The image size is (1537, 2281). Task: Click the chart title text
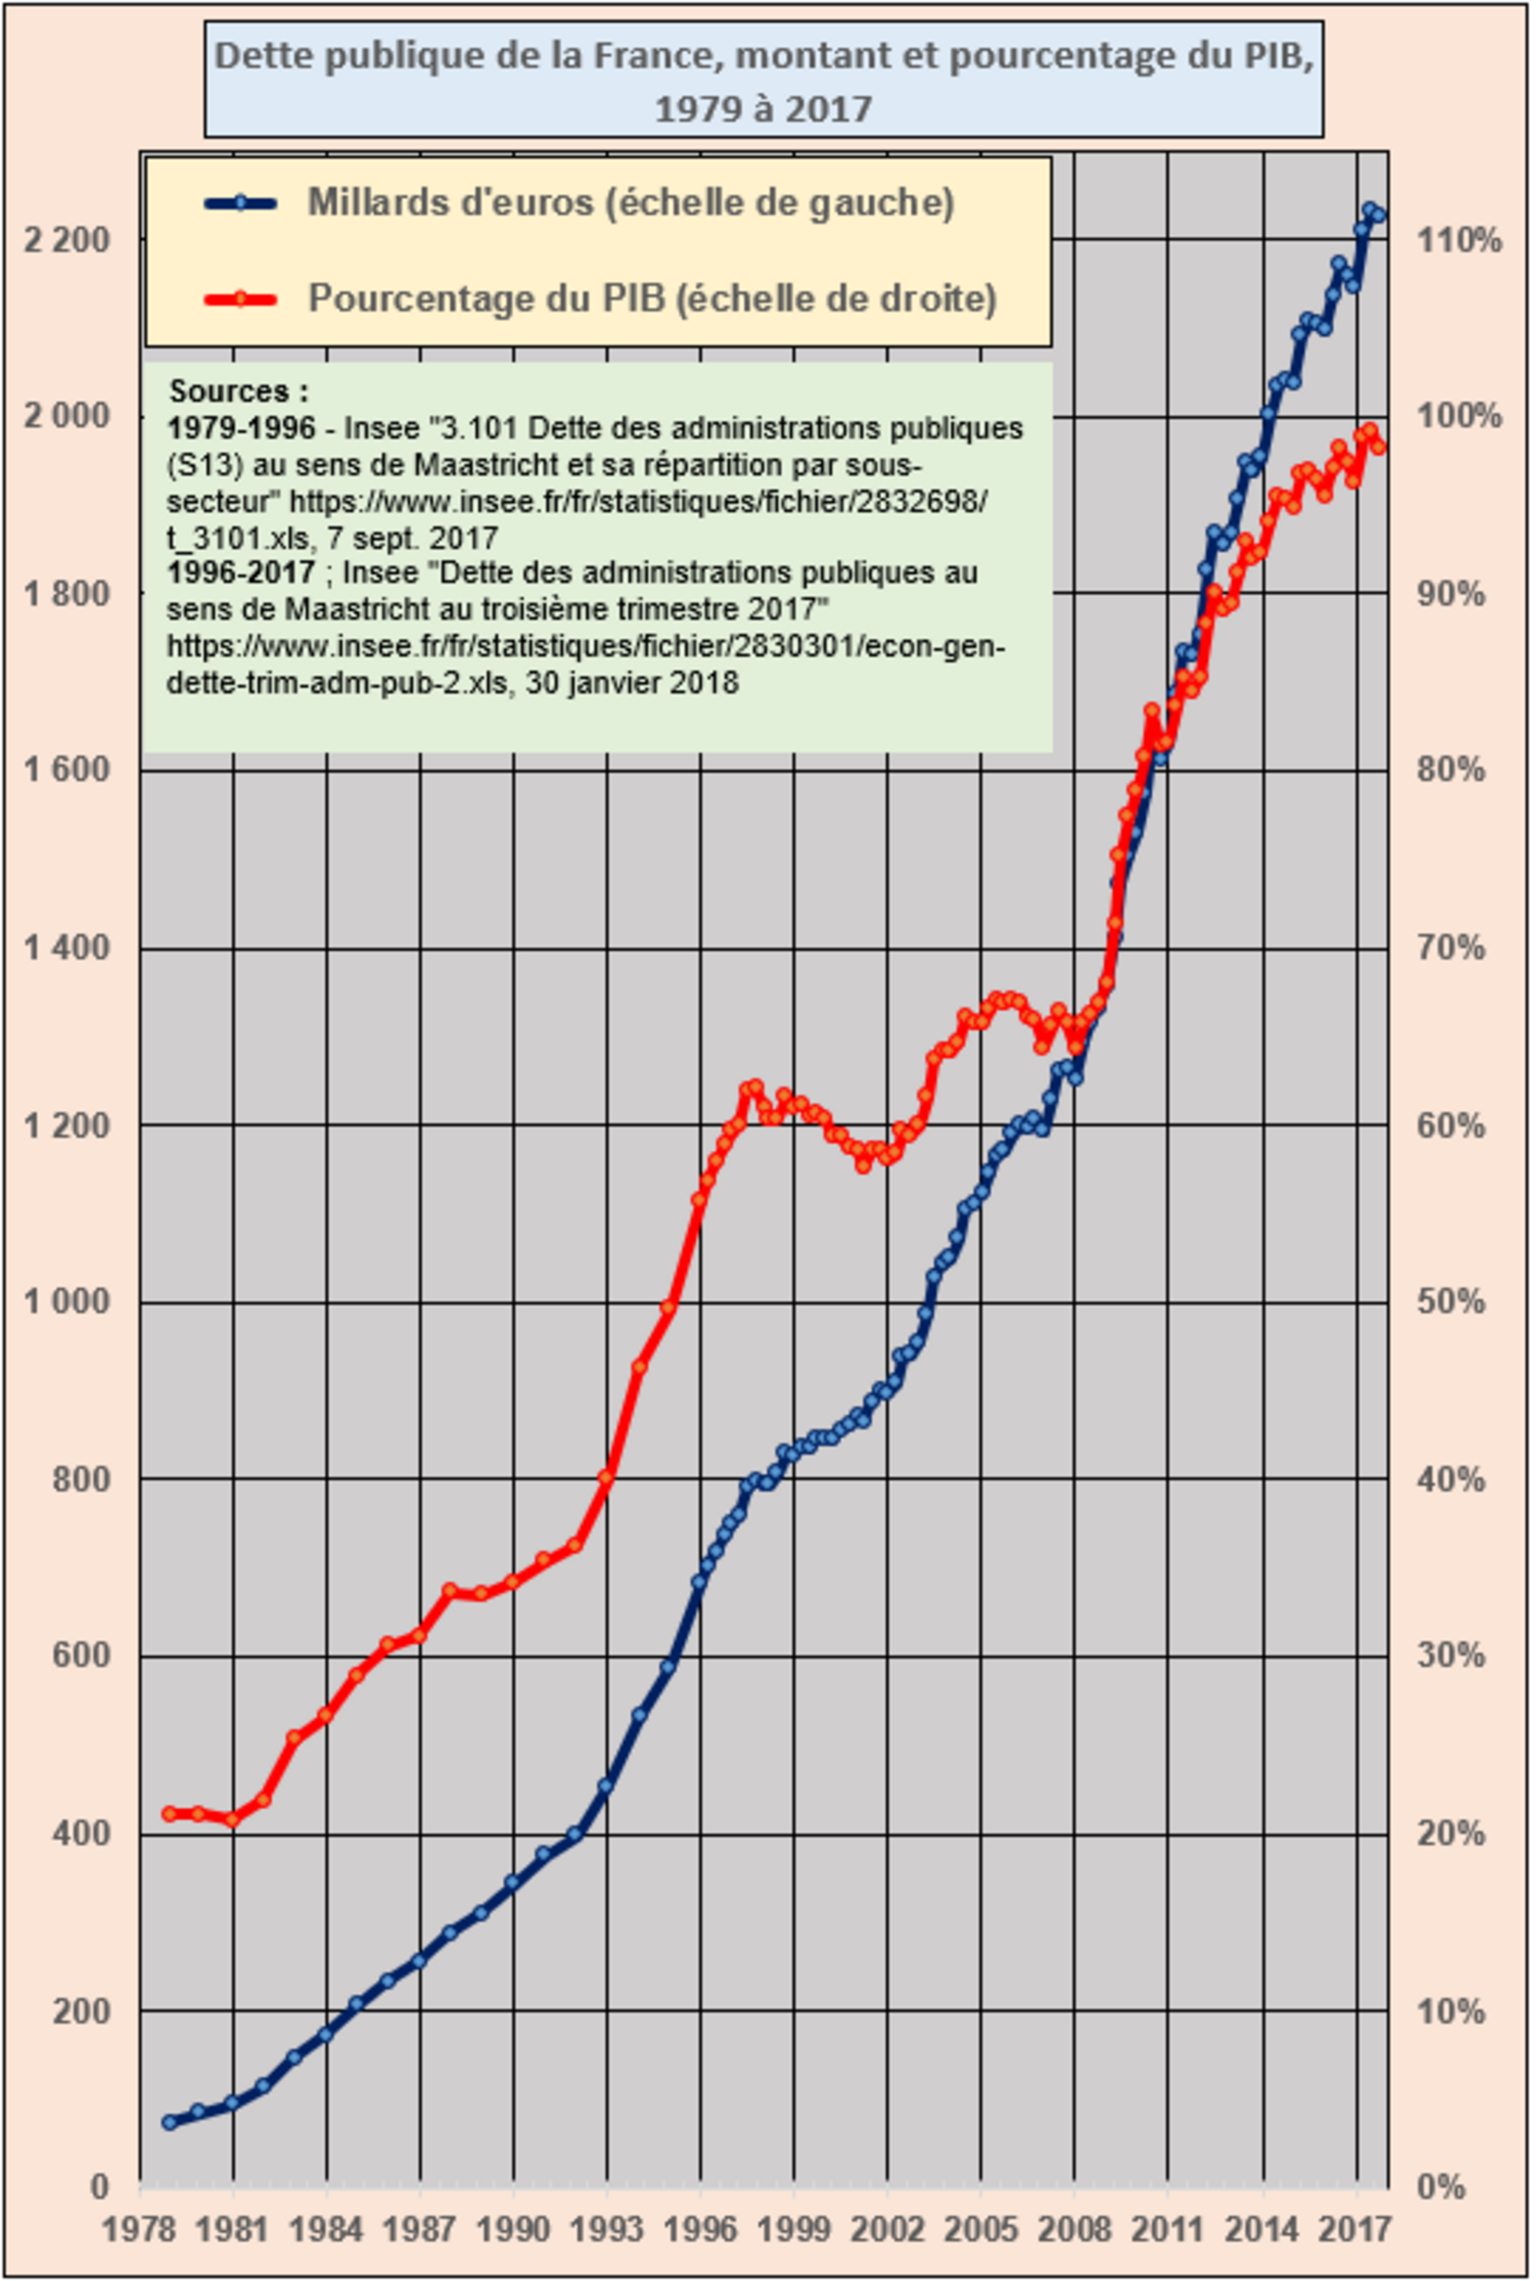click(x=764, y=80)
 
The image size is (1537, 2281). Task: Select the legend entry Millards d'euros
click(x=630, y=203)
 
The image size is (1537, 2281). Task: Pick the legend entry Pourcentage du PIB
click(x=652, y=298)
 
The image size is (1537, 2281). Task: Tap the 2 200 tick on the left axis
click(x=66, y=240)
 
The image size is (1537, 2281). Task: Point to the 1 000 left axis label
click(x=66, y=1302)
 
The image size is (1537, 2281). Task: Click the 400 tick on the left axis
click(x=80, y=1833)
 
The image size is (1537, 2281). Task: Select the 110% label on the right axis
click(x=1457, y=240)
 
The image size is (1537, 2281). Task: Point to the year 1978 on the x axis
click(x=139, y=2230)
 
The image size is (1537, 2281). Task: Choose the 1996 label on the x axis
click(x=700, y=2230)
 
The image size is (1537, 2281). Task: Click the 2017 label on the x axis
click(x=1355, y=2230)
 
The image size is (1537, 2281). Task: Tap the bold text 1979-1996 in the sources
click(x=241, y=428)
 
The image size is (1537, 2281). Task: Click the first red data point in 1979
click(x=170, y=1814)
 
